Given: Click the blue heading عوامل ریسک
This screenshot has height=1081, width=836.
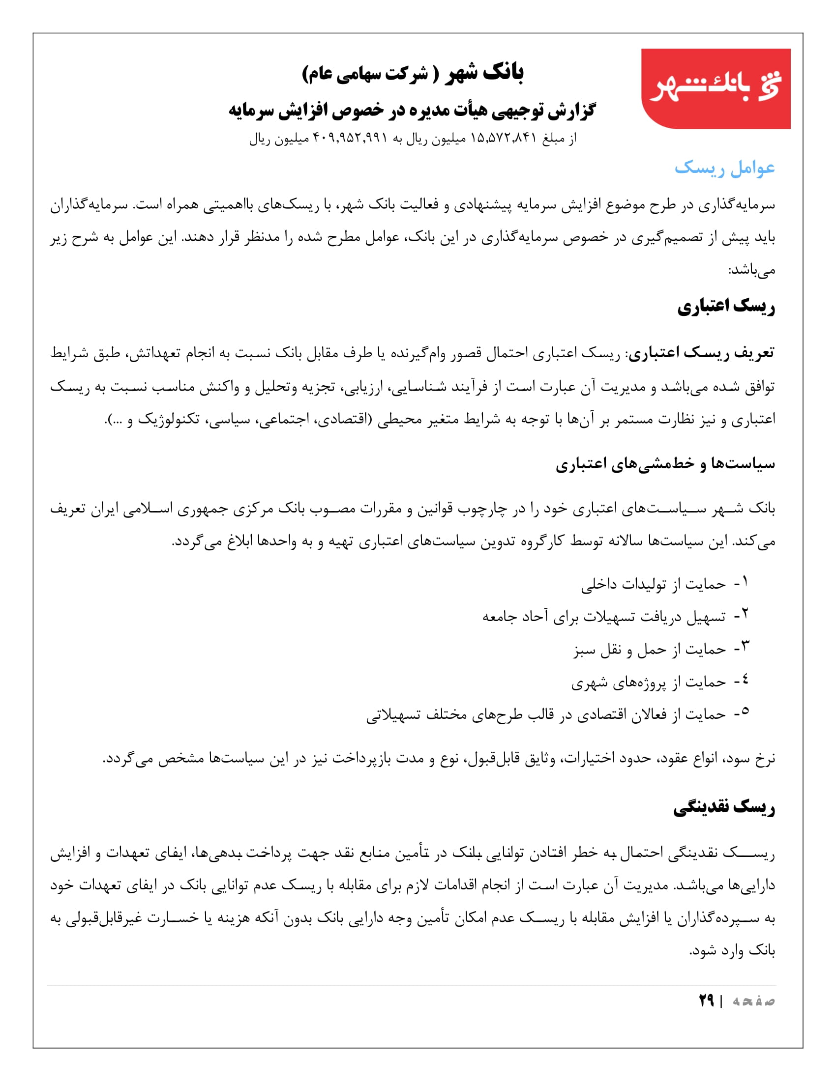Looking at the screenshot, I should [724, 168].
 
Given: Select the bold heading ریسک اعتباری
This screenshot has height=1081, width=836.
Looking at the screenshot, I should [725, 307].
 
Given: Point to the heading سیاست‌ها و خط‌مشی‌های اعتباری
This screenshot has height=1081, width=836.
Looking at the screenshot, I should [665, 463].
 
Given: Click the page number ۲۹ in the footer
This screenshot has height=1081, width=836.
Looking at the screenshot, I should [706, 1000].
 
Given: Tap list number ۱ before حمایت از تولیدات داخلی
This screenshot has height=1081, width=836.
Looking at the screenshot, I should [745, 582].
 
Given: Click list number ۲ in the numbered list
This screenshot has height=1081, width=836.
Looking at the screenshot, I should [745, 614].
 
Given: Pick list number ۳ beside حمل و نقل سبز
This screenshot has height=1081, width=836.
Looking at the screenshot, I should [745, 647].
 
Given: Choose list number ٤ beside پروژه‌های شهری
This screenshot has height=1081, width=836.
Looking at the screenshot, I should [745, 680].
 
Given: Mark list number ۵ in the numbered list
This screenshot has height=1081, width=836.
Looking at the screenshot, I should [745, 712].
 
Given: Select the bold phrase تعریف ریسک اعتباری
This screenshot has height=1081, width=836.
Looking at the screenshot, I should [701, 353].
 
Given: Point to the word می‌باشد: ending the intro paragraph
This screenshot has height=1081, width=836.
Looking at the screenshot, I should [751, 270].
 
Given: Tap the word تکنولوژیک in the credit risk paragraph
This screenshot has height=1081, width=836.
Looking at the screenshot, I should [168, 419].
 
